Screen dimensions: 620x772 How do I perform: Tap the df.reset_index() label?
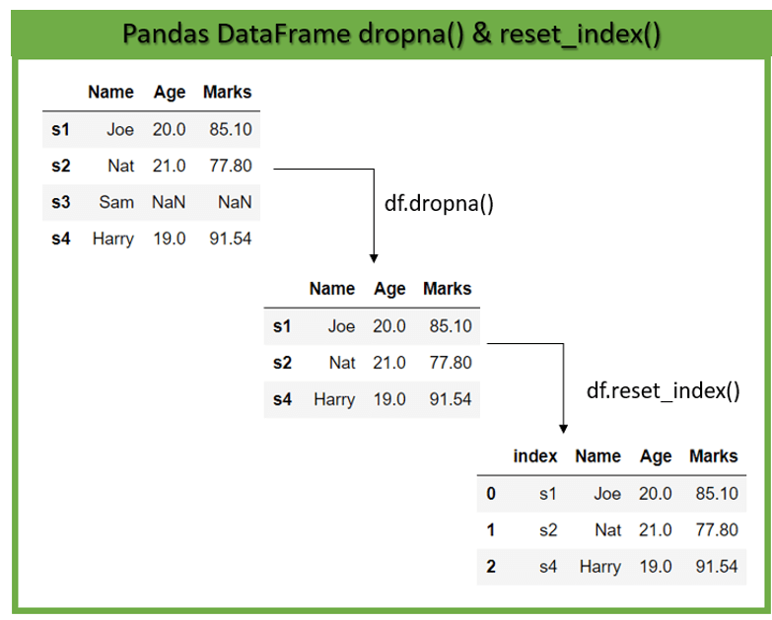(x=663, y=390)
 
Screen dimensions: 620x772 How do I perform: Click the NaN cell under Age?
(x=169, y=202)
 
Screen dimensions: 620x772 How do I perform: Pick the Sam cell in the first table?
(x=116, y=202)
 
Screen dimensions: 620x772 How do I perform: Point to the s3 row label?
(x=61, y=202)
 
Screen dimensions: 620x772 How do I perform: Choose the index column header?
(x=535, y=456)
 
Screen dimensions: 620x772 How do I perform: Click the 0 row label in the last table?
(x=491, y=493)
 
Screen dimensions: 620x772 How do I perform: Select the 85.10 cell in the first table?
(x=230, y=129)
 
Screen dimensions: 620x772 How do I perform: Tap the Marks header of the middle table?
(x=447, y=289)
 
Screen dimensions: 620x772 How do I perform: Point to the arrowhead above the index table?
(x=563, y=428)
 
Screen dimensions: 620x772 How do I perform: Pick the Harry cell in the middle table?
(x=334, y=399)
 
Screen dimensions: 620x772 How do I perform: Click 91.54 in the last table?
(x=716, y=566)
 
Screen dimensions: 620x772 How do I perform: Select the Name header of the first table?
(x=110, y=93)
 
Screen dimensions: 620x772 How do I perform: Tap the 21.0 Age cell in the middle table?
(x=389, y=363)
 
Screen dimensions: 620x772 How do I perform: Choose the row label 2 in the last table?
(x=491, y=566)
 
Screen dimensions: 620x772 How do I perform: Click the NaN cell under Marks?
(x=235, y=202)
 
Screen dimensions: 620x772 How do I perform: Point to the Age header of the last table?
(x=656, y=456)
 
